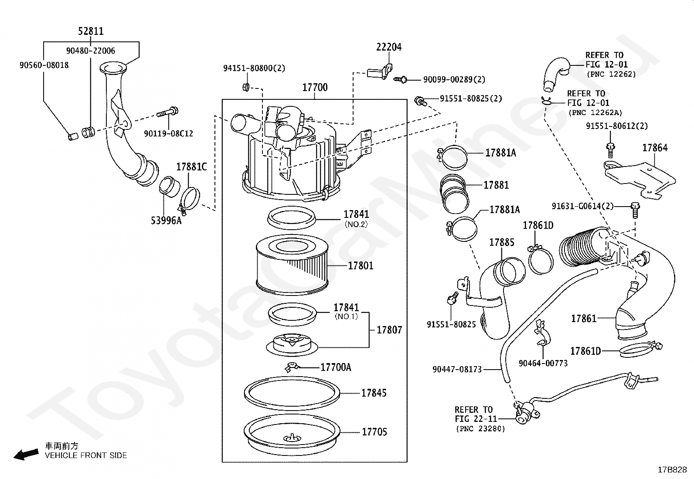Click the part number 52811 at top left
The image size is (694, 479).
click(91, 31)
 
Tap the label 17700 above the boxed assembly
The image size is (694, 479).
click(315, 87)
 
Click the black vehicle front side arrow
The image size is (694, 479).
click(26, 455)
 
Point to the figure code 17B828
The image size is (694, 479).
click(672, 470)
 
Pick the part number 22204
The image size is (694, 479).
click(389, 47)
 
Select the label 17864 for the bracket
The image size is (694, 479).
click(655, 148)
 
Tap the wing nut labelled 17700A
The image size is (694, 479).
click(292, 367)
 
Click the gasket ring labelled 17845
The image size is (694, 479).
click(292, 393)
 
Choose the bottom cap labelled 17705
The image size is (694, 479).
click(292, 435)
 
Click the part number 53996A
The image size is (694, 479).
click(166, 221)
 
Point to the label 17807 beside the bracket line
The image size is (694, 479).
click(389, 330)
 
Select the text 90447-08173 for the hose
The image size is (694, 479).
click(457, 369)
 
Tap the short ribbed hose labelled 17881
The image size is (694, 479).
click(455, 194)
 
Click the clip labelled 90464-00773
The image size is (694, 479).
click(542, 334)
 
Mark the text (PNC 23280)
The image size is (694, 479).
click(480, 429)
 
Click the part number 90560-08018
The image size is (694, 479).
click(44, 65)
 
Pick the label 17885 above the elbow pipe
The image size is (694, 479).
click(502, 242)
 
